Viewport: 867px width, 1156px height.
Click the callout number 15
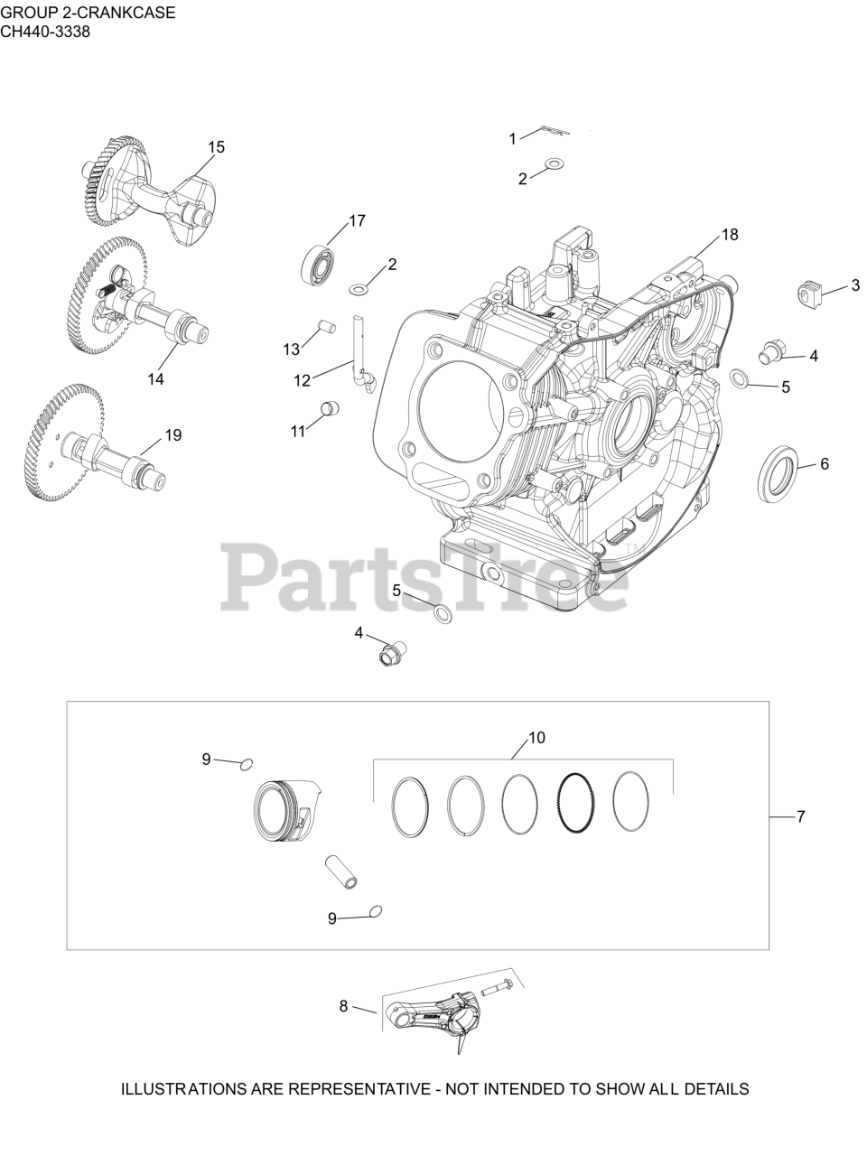coord(216,147)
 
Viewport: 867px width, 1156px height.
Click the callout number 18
coord(730,234)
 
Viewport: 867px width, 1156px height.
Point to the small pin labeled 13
coord(327,326)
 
